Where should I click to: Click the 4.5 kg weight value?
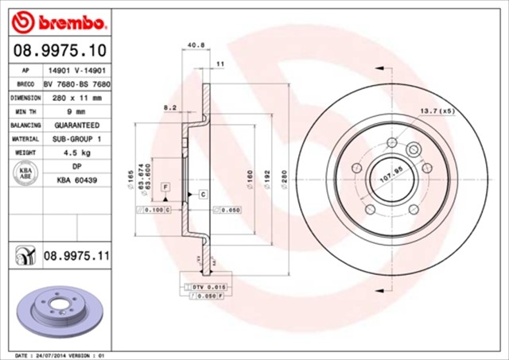tap(76, 152)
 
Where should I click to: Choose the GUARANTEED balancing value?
tap(76, 125)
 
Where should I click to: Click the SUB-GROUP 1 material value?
tap(76, 138)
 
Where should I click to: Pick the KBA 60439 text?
tap(76, 180)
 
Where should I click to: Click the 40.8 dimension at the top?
tap(191, 45)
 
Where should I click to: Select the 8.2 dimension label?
tap(169, 106)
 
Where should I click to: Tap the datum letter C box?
tap(202, 194)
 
